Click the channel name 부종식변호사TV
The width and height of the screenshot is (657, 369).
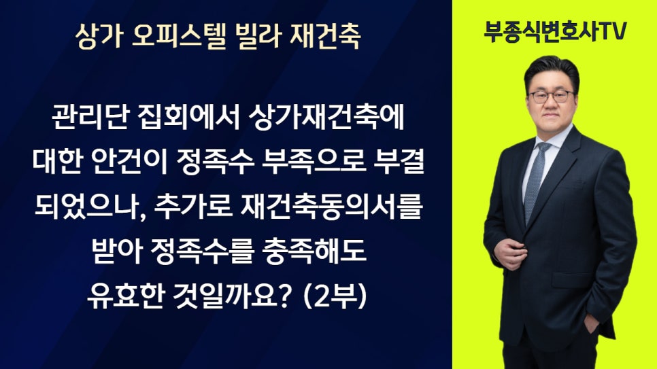555,31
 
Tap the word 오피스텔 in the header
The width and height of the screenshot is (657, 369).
179,36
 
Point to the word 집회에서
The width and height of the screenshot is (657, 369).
187,118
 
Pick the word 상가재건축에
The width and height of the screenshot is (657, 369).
326,118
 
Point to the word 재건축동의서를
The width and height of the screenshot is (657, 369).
331,207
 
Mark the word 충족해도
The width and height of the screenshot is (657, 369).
314,251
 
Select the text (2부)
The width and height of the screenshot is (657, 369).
335,296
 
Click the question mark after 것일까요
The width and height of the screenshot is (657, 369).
285,296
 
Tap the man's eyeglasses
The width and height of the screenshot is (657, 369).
551,96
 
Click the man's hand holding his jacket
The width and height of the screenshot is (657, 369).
511,253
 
